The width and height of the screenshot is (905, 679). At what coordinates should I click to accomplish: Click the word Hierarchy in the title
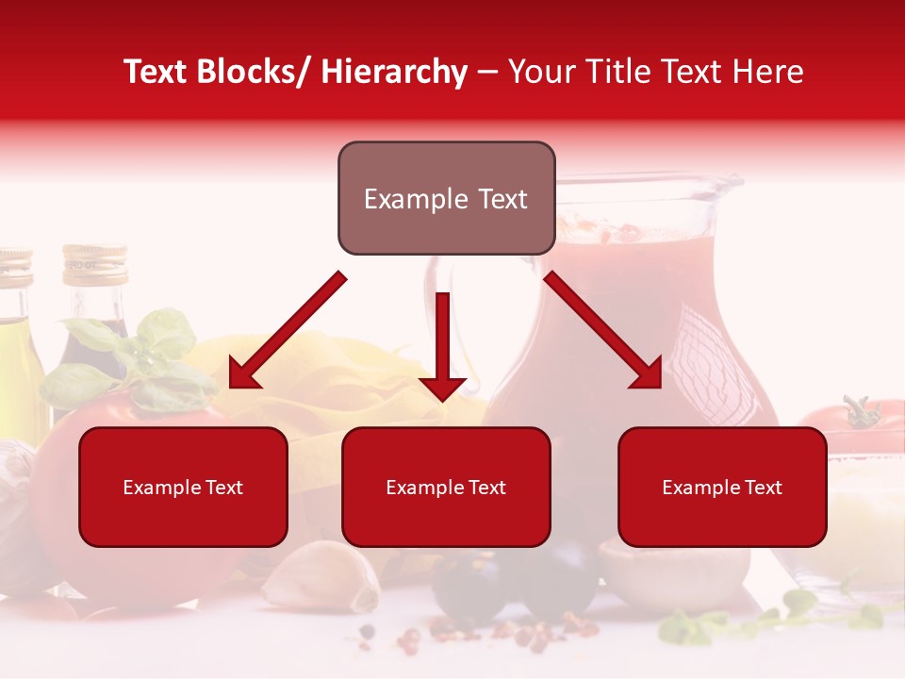pyautogui.click(x=394, y=72)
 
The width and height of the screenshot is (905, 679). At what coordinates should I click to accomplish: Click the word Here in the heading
pyautogui.click(x=767, y=72)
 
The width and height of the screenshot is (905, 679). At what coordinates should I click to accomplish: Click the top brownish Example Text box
pyautogui.click(x=446, y=199)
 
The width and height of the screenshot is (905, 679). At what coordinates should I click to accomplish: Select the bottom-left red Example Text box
pyautogui.click(x=183, y=488)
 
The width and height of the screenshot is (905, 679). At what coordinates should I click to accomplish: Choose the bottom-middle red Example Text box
pyautogui.click(x=446, y=488)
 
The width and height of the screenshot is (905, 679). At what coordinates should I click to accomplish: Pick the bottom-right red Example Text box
pyautogui.click(x=722, y=488)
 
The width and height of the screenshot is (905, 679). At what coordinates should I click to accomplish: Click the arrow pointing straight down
pyautogui.click(x=442, y=349)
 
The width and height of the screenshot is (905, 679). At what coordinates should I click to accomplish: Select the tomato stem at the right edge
pyautogui.click(x=860, y=413)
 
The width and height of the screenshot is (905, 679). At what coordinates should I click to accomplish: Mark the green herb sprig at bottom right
pyautogui.click(x=773, y=618)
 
